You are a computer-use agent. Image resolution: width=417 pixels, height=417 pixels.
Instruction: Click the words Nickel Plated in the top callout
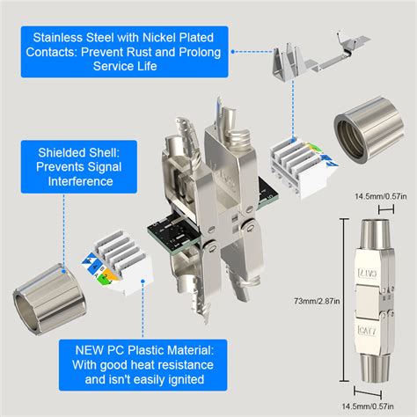click(179, 37)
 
